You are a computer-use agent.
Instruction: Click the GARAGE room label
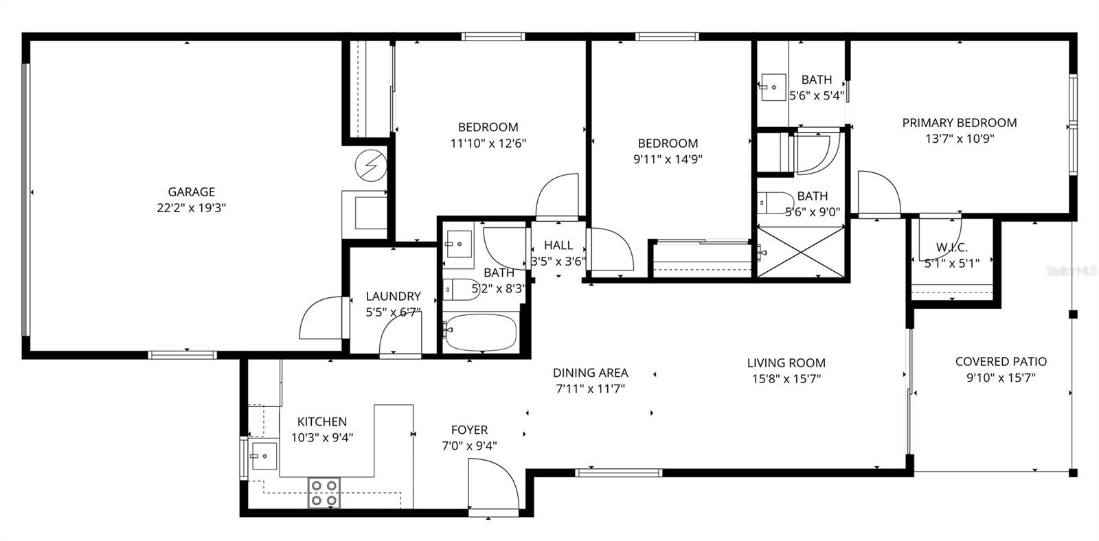point(192,192)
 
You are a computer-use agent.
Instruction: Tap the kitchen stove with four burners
point(324,492)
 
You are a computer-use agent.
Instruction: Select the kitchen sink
point(263,455)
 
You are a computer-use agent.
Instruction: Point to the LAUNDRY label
point(393,296)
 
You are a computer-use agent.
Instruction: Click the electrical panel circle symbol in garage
point(371,165)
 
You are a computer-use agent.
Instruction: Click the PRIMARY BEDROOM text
point(959,123)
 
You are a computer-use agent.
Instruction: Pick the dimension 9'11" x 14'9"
point(668,159)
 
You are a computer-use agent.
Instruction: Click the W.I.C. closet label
point(951,247)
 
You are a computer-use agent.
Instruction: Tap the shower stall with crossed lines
point(800,253)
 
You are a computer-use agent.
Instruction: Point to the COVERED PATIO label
point(1001,361)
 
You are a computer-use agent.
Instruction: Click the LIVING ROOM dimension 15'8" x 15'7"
point(786,378)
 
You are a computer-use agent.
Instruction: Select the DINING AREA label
point(590,373)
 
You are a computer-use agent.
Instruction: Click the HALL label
point(558,245)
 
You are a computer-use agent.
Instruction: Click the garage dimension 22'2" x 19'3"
point(192,208)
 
